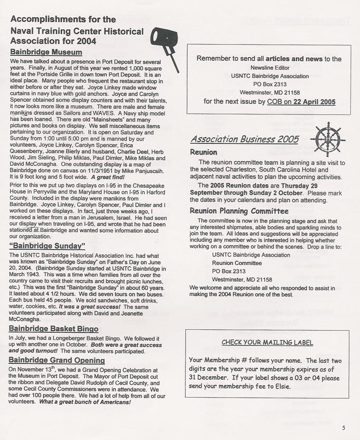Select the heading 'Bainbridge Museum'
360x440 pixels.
(x=46, y=52)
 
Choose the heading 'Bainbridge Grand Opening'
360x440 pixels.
(x=57, y=360)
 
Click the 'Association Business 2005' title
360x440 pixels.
(x=244, y=139)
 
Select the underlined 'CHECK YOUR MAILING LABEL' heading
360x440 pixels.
(x=267, y=343)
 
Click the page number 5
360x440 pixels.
(x=343, y=428)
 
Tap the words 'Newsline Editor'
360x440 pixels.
(x=268, y=67)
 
